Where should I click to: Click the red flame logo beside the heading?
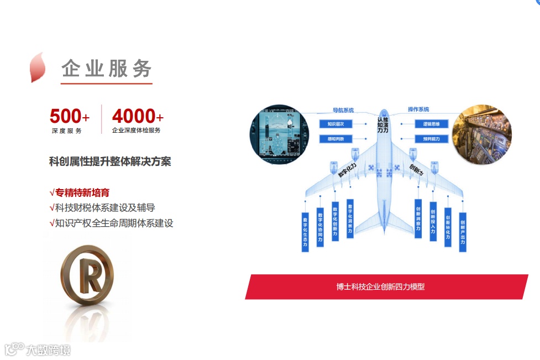click(37, 67)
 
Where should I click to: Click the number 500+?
click(69, 117)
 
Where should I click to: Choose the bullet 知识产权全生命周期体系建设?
click(114, 223)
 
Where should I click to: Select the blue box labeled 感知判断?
click(336, 139)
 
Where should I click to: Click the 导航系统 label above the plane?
click(343, 110)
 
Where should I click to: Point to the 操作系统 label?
click(418, 109)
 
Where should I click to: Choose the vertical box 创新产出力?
click(463, 232)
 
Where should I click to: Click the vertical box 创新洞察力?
click(418, 220)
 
